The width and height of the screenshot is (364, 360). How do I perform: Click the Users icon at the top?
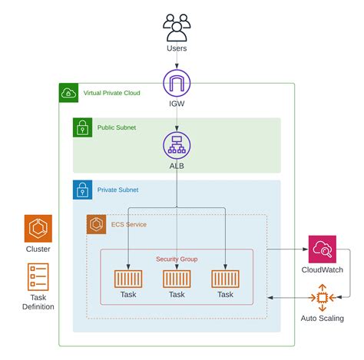pos(177,28)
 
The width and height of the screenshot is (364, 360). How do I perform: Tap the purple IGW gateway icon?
pos(177,83)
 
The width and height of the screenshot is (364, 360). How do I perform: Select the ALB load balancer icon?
pos(177,145)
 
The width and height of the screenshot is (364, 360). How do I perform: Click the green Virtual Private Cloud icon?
pos(68,93)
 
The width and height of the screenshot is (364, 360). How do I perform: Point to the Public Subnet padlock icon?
pos(82,127)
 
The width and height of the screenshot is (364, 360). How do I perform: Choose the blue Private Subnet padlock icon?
pos(82,190)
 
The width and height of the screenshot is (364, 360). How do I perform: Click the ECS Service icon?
pos(96,224)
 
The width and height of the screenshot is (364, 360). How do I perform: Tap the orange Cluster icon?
pos(38,229)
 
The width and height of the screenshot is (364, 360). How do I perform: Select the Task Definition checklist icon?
pos(38,277)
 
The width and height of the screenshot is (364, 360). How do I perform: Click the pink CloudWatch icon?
pos(323,249)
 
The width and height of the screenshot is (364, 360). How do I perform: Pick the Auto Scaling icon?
pos(323,298)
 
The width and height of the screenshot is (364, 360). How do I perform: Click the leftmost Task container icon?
pos(128,279)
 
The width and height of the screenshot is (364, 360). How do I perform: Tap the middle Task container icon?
pos(177,279)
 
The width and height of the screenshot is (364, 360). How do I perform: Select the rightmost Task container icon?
pos(225,279)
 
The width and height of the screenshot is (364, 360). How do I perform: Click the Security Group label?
pos(177,259)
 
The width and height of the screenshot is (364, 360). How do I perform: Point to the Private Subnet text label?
pos(117,190)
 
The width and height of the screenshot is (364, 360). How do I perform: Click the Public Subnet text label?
pos(117,127)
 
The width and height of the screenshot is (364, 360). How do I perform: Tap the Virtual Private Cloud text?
pos(112,93)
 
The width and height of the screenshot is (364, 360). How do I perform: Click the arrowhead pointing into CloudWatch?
pos(306,249)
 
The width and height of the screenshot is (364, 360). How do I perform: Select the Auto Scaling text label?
pos(323,319)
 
